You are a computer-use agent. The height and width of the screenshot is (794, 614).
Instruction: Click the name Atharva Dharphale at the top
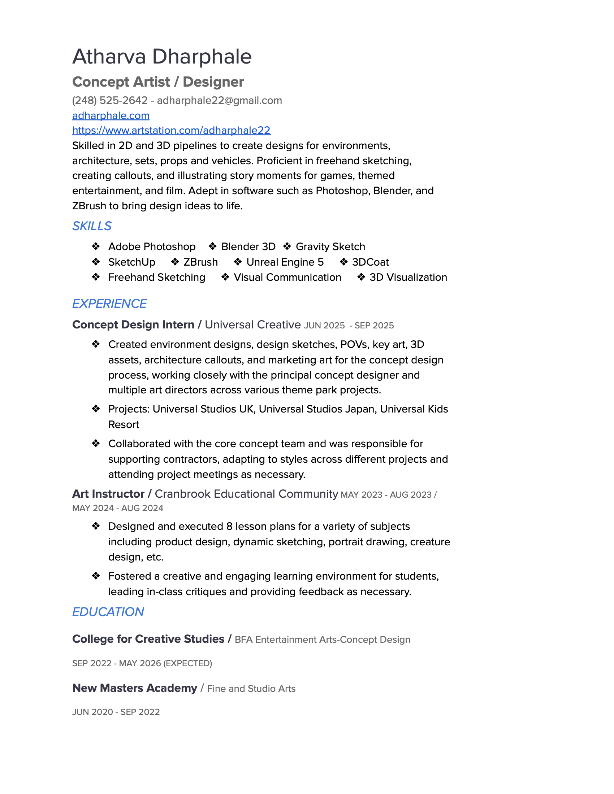pos(162,57)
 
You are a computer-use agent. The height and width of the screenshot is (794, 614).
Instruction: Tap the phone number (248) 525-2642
pos(110,100)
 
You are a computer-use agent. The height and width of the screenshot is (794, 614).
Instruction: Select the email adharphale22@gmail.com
pos(219,100)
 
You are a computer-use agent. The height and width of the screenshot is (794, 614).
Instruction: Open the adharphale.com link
pos(111,115)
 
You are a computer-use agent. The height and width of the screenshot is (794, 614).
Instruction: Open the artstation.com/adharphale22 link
pos(171,131)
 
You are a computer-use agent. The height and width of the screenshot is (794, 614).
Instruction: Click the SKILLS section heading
pos(92,226)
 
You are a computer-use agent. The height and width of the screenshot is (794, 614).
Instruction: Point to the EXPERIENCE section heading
pos(109,304)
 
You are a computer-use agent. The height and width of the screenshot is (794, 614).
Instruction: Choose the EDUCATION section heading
pos(108,612)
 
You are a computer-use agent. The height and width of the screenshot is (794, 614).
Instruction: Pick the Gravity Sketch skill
pos(330,247)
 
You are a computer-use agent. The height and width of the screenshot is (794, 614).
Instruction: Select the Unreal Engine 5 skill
pos(285,262)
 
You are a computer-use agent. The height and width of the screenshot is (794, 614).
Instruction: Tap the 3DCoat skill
pos(370,262)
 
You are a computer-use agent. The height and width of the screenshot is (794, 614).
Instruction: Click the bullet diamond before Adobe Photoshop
pos(96,247)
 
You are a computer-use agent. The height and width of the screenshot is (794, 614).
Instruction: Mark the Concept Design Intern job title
pos(133,325)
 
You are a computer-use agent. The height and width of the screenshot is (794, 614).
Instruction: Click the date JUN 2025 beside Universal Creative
pos(324,326)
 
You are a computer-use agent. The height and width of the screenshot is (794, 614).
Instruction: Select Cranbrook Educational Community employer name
pos(246,494)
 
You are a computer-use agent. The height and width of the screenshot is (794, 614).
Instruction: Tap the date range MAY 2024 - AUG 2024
pos(117,508)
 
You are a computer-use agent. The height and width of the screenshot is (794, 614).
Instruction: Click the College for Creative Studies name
pos(148,639)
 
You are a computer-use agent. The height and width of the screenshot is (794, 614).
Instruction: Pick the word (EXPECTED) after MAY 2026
pos(187,663)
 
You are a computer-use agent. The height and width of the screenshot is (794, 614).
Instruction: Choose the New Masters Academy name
pos(135,688)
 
